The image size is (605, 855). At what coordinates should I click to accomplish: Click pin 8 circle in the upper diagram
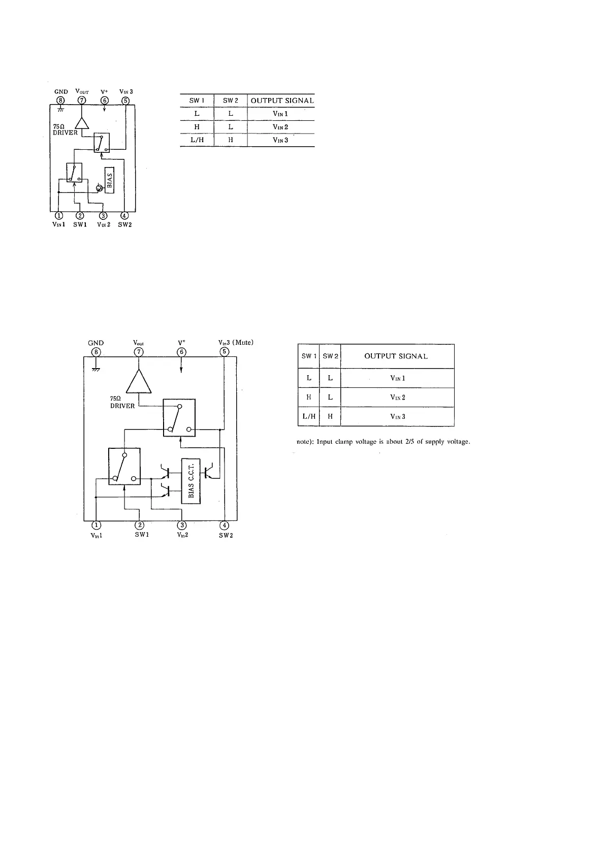click(61, 101)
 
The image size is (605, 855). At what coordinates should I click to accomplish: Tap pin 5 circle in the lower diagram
click(225, 352)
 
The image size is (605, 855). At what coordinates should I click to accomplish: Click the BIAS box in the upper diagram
click(110, 180)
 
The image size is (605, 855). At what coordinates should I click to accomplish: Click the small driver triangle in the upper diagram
click(82, 123)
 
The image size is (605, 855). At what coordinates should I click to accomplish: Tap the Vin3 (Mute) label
click(236, 342)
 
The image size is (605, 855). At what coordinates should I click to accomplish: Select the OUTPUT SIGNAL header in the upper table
click(282, 101)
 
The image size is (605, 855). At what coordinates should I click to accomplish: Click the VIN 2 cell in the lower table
click(397, 398)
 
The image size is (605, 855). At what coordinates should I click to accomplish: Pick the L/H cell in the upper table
click(197, 140)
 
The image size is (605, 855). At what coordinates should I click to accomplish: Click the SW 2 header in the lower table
click(330, 356)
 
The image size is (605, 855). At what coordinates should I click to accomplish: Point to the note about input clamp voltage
click(383, 442)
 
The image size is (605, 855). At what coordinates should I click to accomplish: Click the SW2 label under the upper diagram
click(124, 224)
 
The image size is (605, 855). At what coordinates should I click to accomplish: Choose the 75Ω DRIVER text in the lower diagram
click(122, 403)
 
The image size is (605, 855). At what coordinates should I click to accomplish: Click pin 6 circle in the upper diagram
click(105, 101)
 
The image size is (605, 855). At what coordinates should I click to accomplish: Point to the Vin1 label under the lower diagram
click(96, 536)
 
